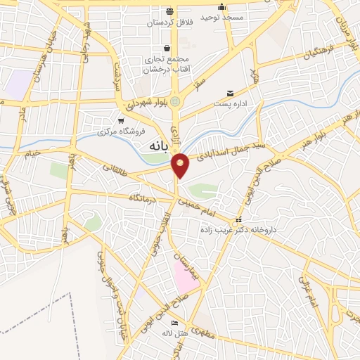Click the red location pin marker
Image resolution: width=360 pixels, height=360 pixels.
tap(181, 165)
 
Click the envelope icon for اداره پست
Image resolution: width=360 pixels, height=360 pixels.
tap(231, 94)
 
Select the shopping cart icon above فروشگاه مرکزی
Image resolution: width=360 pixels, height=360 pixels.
tap(121, 120)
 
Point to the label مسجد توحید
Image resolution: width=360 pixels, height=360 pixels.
tap(222, 15)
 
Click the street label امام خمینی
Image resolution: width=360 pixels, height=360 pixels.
tap(193, 205)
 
